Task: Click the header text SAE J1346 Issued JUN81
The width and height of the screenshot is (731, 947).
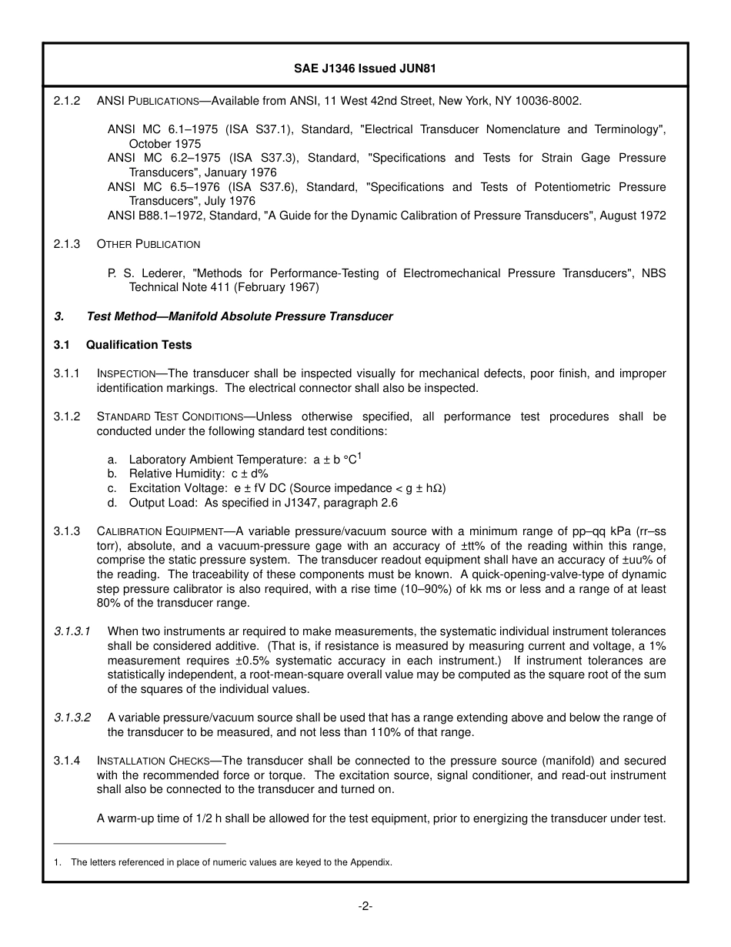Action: (365, 68)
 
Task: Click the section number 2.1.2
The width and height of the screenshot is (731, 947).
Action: (66, 101)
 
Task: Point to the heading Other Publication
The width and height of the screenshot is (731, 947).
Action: (149, 244)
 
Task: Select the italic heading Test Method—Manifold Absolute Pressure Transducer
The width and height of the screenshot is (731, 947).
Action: (239, 316)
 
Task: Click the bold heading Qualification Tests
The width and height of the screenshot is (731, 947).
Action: (139, 345)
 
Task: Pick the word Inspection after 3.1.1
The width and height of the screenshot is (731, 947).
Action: (126, 374)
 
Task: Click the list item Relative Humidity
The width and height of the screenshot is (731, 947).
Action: (175, 474)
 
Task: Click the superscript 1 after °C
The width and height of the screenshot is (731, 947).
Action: (359, 456)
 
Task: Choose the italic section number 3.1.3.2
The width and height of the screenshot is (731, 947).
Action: (72, 718)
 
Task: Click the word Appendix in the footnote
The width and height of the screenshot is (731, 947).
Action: (371, 862)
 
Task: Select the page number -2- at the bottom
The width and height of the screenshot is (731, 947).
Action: (365, 907)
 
